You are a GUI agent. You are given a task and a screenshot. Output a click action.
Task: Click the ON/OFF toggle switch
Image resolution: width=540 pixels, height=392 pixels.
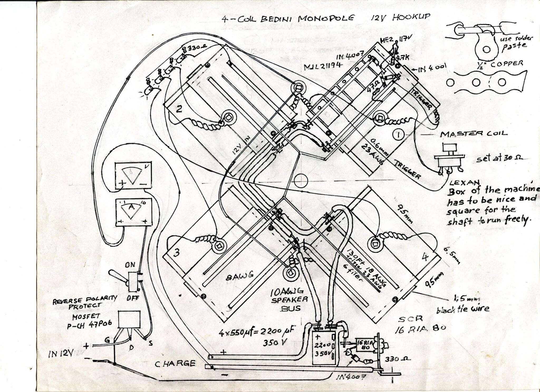tap(133, 282)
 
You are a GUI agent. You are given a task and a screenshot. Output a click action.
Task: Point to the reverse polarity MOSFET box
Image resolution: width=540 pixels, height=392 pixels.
tap(129, 319)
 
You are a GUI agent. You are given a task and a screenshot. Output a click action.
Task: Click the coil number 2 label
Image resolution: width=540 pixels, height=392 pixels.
tap(179, 109)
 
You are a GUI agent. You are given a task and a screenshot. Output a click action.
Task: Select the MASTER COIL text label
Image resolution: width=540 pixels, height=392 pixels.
tap(474, 134)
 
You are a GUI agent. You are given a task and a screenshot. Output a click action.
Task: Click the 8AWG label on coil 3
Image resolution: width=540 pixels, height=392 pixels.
tap(240, 276)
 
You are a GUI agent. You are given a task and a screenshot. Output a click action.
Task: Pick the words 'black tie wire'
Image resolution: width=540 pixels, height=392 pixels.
tap(463, 309)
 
